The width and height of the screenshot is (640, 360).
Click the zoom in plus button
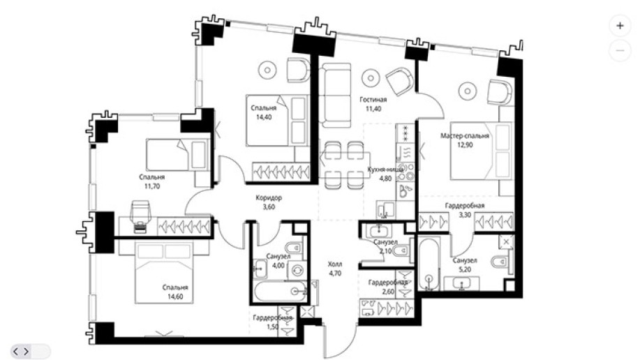pyautogui.click(x=620, y=26)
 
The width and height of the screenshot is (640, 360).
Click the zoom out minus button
pyautogui.click(x=620, y=51)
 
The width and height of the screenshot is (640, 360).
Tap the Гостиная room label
pyautogui.click(x=373, y=99)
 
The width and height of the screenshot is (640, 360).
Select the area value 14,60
pyautogui.click(x=175, y=297)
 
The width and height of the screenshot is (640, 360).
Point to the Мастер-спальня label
pyautogui.click(x=465, y=135)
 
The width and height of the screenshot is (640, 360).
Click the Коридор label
pyautogui.click(x=269, y=198)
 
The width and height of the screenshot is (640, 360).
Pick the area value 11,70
pyautogui.click(x=152, y=186)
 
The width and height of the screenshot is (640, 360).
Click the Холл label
pyautogui.click(x=335, y=264)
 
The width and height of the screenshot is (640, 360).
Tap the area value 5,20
pyautogui.click(x=465, y=269)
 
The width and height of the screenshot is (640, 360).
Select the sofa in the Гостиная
pyautogui.click(x=335, y=94)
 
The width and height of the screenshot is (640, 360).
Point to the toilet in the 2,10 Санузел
pyautogui.click(x=403, y=249)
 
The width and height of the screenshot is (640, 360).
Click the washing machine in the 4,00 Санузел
pyautogui.click(x=297, y=270)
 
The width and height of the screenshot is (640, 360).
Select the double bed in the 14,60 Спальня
pyautogui.click(x=165, y=272)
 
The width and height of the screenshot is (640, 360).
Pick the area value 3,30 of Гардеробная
pyautogui.click(x=465, y=215)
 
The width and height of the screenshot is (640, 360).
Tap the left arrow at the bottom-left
pyautogui.click(x=16, y=351)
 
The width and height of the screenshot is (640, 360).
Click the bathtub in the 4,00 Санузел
pyautogui.click(x=280, y=291)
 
